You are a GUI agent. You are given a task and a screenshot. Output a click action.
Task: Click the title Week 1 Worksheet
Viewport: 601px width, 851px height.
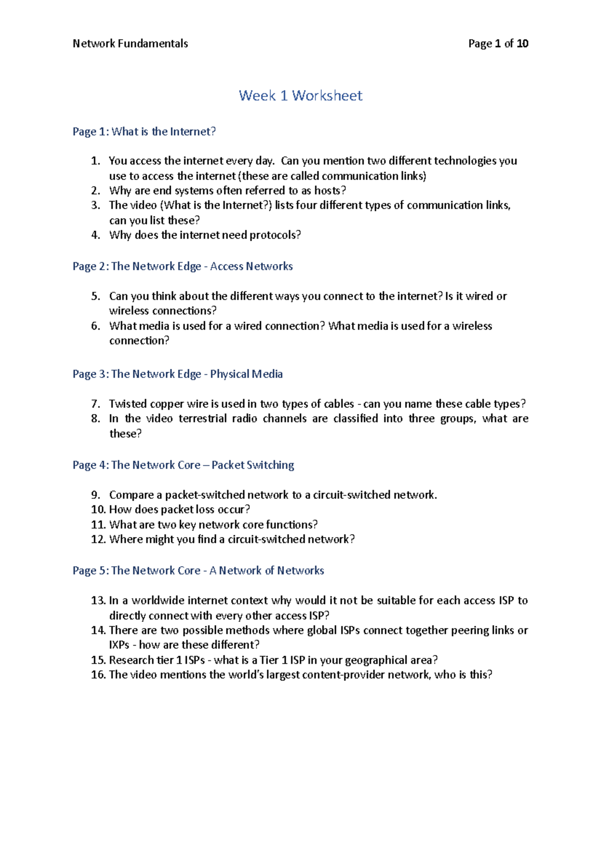click(300, 95)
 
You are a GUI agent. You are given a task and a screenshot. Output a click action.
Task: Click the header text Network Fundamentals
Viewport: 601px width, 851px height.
click(130, 44)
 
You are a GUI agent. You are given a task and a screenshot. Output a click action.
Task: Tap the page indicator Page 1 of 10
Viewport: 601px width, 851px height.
click(498, 44)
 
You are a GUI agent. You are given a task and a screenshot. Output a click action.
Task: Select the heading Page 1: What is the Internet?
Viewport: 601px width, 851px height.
click(144, 131)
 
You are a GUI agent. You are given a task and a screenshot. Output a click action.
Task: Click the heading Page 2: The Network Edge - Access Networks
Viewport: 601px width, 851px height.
click(183, 266)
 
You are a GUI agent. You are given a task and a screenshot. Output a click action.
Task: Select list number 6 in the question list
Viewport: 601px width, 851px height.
click(96, 326)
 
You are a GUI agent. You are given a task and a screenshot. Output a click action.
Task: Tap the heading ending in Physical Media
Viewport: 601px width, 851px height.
click(178, 374)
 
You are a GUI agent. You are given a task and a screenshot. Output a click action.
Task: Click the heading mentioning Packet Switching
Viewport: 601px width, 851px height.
click(183, 465)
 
